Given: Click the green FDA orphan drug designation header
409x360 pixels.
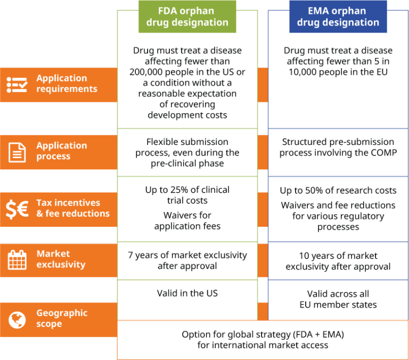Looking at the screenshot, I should tap(187, 17).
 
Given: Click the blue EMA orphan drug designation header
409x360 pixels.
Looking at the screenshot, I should tap(338, 17).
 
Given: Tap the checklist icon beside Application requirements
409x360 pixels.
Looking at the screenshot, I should tap(17, 84).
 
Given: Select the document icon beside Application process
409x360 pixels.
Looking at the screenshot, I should tap(17, 152).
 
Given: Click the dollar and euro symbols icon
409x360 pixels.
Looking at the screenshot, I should tap(17, 209).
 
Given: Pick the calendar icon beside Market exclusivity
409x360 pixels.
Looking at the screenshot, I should tap(17, 260).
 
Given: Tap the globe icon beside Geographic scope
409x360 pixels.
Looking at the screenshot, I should tap(17, 320).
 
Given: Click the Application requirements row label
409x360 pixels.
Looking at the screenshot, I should tap(67, 84).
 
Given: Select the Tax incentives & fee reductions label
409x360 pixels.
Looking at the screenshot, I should tap(72, 208).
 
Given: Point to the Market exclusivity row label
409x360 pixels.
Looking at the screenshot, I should tap(61, 259).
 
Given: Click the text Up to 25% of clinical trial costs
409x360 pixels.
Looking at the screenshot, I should tap(187, 195).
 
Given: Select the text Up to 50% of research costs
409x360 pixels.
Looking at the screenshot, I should tap(338, 191).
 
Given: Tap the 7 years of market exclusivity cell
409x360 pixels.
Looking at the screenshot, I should tap(187, 260).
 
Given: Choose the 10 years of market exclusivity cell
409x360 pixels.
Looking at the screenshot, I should tap(338, 261).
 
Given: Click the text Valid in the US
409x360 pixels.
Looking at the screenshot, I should tap(187, 293).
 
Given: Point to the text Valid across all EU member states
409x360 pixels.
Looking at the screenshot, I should tap(338, 299).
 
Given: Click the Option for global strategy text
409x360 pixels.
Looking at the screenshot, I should tap(263, 340).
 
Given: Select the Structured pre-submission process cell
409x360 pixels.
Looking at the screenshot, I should tap(338, 148).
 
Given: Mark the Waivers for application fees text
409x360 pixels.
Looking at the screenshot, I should tap(187, 220).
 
